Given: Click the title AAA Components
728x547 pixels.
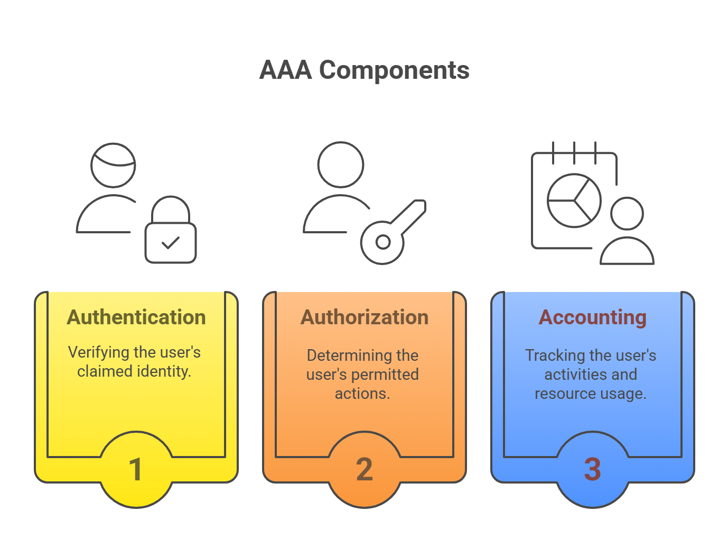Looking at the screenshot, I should (x=364, y=70).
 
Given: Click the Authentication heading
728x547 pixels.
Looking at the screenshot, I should (x=136, y=317).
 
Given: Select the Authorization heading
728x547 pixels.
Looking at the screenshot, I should (x=365, y=317).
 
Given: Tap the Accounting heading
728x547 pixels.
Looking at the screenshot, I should (x=592, y=317).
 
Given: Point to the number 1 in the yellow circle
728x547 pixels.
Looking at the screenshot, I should (x=136, y=469).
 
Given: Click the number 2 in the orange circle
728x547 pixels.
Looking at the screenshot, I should (x=365, y=469).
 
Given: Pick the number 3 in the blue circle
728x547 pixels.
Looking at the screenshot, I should (x=592, y=469).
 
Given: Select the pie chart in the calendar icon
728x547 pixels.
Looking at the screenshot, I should (x=574, y=200).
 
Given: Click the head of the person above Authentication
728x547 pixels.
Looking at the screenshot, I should (x=113, y=165).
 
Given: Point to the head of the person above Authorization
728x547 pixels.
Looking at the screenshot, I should (x=341, y=165).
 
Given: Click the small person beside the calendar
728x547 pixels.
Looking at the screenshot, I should (x=627, y=233).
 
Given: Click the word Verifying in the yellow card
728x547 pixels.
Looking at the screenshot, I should (x=99, y=352).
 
